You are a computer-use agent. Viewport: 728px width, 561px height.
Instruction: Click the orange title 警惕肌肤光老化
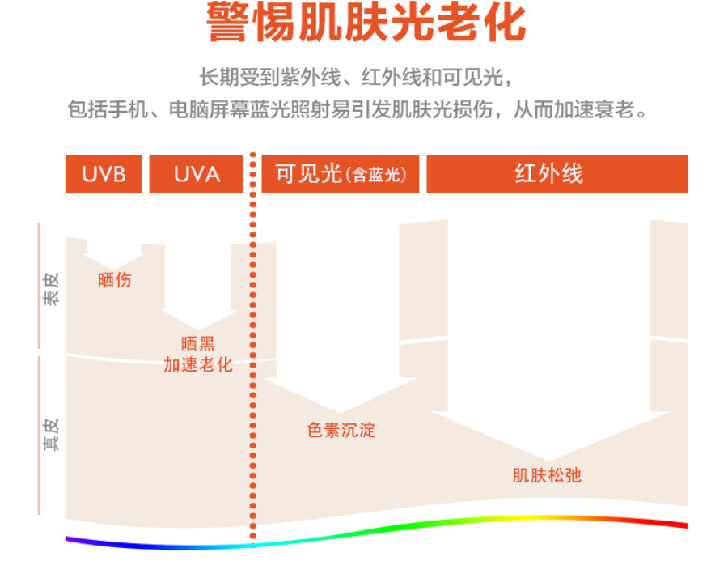pyautogui.click(x=366, y=23)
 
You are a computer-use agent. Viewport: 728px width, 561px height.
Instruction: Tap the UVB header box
pyautogui.click(x=104, y=174)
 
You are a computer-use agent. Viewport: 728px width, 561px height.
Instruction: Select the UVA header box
pyautogui.click(x=196, y=174)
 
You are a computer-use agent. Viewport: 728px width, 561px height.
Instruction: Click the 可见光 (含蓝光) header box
pyautogui.click(x=341, y=174)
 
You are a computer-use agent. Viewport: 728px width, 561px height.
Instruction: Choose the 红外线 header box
pyautogui.click(x=557, y=174)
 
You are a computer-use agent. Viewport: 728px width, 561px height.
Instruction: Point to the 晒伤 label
pyautogui.click(x=115, y=280)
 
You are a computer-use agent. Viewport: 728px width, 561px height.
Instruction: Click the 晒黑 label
pyautogui.click(x=198, y=343)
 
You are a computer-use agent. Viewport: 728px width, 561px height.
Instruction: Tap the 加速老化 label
pyautogui.click(x=198, y=365)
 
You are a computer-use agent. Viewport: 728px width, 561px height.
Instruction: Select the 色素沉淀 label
pyautogui.click(x=341, y=431)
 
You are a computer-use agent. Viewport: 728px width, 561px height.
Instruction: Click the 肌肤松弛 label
pyautogui.click(x=547, y=475)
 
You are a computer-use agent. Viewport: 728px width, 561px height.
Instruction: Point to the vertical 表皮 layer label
pyautogui.click(x=51, y=289)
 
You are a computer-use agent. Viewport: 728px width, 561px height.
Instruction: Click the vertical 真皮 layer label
pyautogui.click(x=51, y=435)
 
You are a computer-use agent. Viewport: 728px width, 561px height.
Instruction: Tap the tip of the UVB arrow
pyautogui.click(x=112, y=270)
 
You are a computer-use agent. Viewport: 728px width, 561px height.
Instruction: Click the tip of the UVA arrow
pyautogui.click(x=198, y=330)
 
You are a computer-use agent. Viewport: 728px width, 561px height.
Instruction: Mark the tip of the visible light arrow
pyautogui.click(x=341, y=413)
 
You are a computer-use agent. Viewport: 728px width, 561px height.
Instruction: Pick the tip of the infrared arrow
pyautogui.click(x=550, y=461)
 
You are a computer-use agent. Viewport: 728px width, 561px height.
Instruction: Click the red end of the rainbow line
pyautogui.click(x=686, y=525)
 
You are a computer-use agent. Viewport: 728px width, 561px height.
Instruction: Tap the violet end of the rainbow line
pyautogui.click(x=67, y=538)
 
